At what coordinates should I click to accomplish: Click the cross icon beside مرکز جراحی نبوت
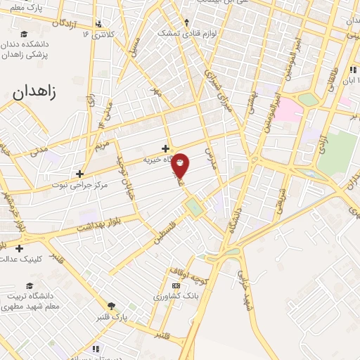pyautogui.click(x=80, y=174)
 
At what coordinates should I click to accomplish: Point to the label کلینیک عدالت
pyautogui.click(x=46, y=259)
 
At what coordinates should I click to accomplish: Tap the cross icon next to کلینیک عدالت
pyautogui.click(x=18, y=247)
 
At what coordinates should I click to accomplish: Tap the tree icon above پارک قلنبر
pyautogui.click(x=111, y=305)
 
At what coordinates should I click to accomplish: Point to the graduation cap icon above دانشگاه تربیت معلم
pyautogui.click(x=30, y=285)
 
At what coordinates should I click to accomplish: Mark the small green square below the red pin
pyautogui.click(x=192, y=207)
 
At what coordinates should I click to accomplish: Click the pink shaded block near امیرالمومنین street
pyautogui.click(x=288, y=109)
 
